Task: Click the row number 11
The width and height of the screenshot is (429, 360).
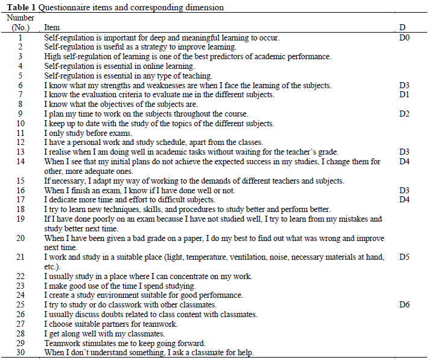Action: click(21, 133)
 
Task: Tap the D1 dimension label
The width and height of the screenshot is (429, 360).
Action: click(404, 95)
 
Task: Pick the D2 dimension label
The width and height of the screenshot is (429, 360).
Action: click(404, 114)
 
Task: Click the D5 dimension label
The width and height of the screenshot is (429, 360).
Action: click(404, 257)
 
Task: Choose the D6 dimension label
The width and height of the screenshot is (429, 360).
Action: click(404, 305)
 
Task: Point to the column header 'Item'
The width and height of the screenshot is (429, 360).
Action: click(52, 28)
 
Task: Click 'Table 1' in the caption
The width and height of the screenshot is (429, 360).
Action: click(19, 8)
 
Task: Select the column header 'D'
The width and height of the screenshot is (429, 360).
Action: click(402, 28)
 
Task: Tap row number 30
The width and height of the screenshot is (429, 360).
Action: click(21, 353)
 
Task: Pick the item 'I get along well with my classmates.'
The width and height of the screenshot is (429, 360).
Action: click(104, 333)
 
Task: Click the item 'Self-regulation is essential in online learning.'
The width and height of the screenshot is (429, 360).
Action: click(119, 66)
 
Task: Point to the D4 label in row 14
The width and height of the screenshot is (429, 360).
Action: click(404, 162)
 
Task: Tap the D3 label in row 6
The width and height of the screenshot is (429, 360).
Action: click(404, 86)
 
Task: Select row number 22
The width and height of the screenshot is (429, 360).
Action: click(21, 277)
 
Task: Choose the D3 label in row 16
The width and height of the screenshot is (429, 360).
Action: click(404, 190)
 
